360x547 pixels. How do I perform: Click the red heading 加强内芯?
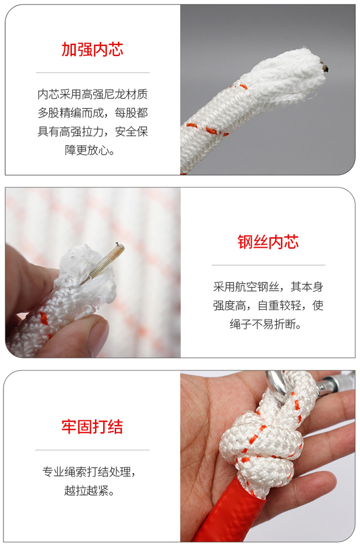(92, 49)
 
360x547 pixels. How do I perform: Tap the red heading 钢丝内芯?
(268, 242)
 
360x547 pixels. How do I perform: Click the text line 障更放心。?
(90, 150)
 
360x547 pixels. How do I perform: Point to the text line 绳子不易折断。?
(266, 324)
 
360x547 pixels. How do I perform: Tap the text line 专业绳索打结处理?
(89, 472)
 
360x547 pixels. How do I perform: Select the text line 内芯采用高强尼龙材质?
(93, 94)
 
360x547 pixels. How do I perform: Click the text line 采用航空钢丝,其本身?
(268, 287)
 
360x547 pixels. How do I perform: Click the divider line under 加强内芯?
(93, 72)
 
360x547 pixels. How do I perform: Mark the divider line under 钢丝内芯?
(268, 265)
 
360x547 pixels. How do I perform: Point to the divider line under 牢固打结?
(92, 450)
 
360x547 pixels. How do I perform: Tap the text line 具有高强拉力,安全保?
(93, 131)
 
